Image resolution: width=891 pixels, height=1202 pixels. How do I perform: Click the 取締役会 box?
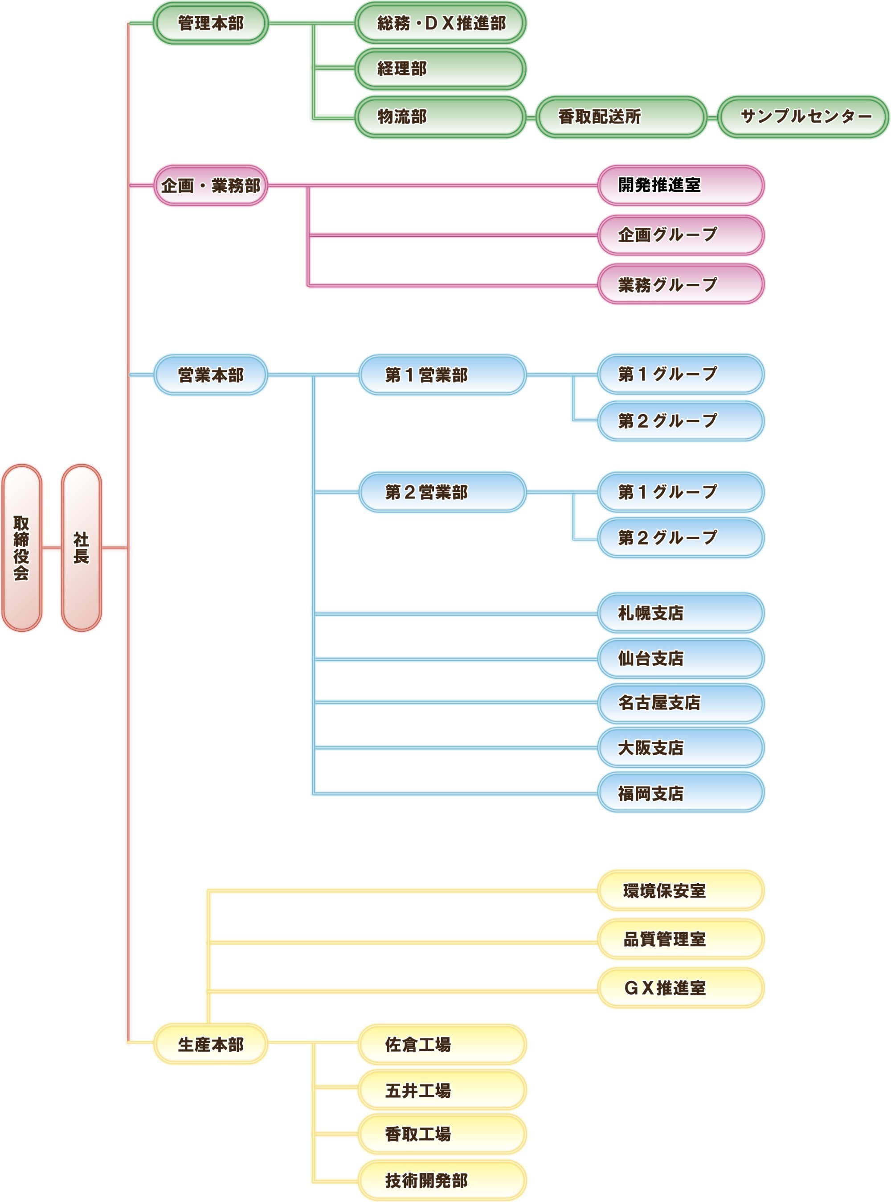[21, 547]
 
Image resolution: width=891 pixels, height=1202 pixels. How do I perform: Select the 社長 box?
[82, 547]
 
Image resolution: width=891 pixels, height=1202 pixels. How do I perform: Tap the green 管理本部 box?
[210, 23]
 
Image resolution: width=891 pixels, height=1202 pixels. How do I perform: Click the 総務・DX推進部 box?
[440, 23]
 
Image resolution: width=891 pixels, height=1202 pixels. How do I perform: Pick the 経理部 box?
[440, 69]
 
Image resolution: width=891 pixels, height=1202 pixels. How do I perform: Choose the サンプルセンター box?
[803, 116]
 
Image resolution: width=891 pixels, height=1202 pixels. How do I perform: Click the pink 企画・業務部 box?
[210, 185]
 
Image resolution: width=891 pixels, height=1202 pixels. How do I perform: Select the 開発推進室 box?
[681, 185]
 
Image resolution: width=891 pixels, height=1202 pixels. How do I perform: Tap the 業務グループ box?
[681, 284]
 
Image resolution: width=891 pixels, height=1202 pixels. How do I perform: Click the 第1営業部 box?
[442, 375]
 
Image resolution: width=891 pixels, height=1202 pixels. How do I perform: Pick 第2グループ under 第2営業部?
[681, 538]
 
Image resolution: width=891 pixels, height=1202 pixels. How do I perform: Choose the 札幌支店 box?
[681, 613]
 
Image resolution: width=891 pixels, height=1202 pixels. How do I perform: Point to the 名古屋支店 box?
[681, 703]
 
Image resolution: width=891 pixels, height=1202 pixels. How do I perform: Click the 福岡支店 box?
[681, 793]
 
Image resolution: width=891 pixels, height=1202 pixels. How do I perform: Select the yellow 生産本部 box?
[210, 1045]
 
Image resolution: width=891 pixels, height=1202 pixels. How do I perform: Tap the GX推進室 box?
[681, 987]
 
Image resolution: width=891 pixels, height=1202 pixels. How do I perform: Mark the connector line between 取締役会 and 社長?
[52, 548]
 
